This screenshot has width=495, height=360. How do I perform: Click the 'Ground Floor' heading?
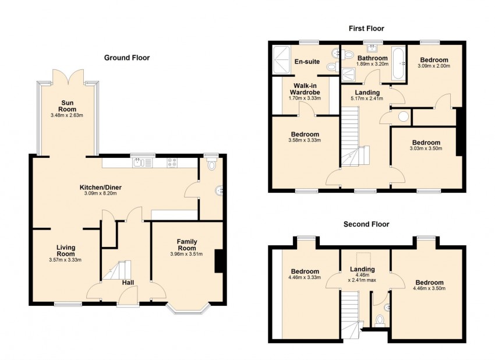click(126, 58)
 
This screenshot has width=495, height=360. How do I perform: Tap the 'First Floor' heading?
click(366, 28)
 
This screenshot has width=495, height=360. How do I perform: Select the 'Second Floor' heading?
click(366, 224)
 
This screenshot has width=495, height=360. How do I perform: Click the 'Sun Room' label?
click(68, 105)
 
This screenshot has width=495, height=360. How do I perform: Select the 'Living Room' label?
click(65, 250)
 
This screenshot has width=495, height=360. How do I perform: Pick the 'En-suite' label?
click(306, 61)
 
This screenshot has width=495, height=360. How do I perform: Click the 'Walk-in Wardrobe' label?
click(305, 89)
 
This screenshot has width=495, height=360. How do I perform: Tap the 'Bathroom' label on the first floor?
click(372, 58)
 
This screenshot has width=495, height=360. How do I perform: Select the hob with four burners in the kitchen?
click(173, 163)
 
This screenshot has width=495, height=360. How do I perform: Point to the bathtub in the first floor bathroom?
click(399, 63)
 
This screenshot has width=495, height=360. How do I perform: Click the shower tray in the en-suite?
click(285, 60)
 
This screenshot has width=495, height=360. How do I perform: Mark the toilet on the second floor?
click(379, 320)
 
